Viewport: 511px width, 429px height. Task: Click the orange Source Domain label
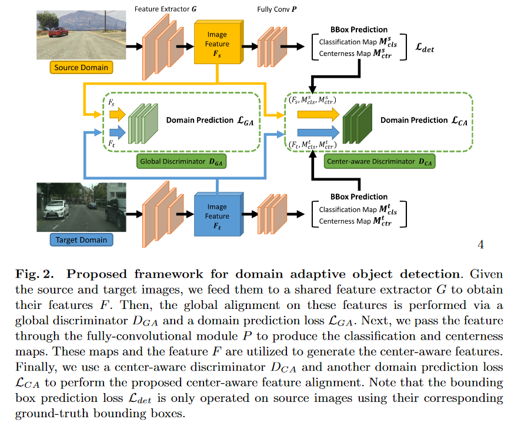[81, 68]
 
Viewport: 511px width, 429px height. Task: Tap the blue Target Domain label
[81, 240]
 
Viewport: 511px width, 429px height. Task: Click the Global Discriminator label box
[182, 161]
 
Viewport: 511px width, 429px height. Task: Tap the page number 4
[480, 245]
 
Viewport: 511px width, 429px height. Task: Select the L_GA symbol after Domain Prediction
[246, 120]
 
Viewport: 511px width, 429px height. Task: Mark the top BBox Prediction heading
[358, 29]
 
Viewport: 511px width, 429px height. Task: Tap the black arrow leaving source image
[133, 45]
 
